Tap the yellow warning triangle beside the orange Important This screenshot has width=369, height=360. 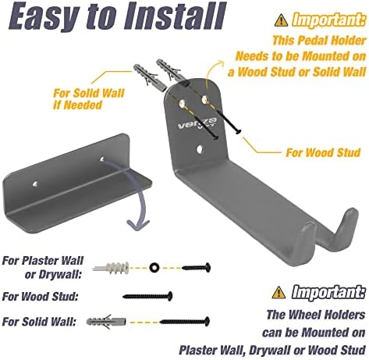pos(281,20)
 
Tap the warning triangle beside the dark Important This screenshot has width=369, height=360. pos(279,292)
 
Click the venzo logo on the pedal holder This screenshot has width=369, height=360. pos(197,123)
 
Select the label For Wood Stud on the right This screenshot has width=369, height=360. pos(323,152)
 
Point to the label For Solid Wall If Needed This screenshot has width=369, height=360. pos(89,99)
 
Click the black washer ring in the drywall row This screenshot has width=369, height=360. pos(154,267)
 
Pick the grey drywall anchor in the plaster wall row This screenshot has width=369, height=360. pos(111,267)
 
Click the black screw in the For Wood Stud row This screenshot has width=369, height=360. pos(147,296)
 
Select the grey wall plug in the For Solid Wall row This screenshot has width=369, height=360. pos(106,322)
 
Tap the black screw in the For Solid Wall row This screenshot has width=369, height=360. pos(184,322)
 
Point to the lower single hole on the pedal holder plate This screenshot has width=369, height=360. pos(200,149)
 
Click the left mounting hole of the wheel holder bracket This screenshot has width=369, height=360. pos(35,184)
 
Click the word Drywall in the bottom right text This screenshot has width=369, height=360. pos(269,351)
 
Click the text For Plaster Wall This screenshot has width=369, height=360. pos(43,260)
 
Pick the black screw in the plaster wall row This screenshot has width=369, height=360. pos(197,267)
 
